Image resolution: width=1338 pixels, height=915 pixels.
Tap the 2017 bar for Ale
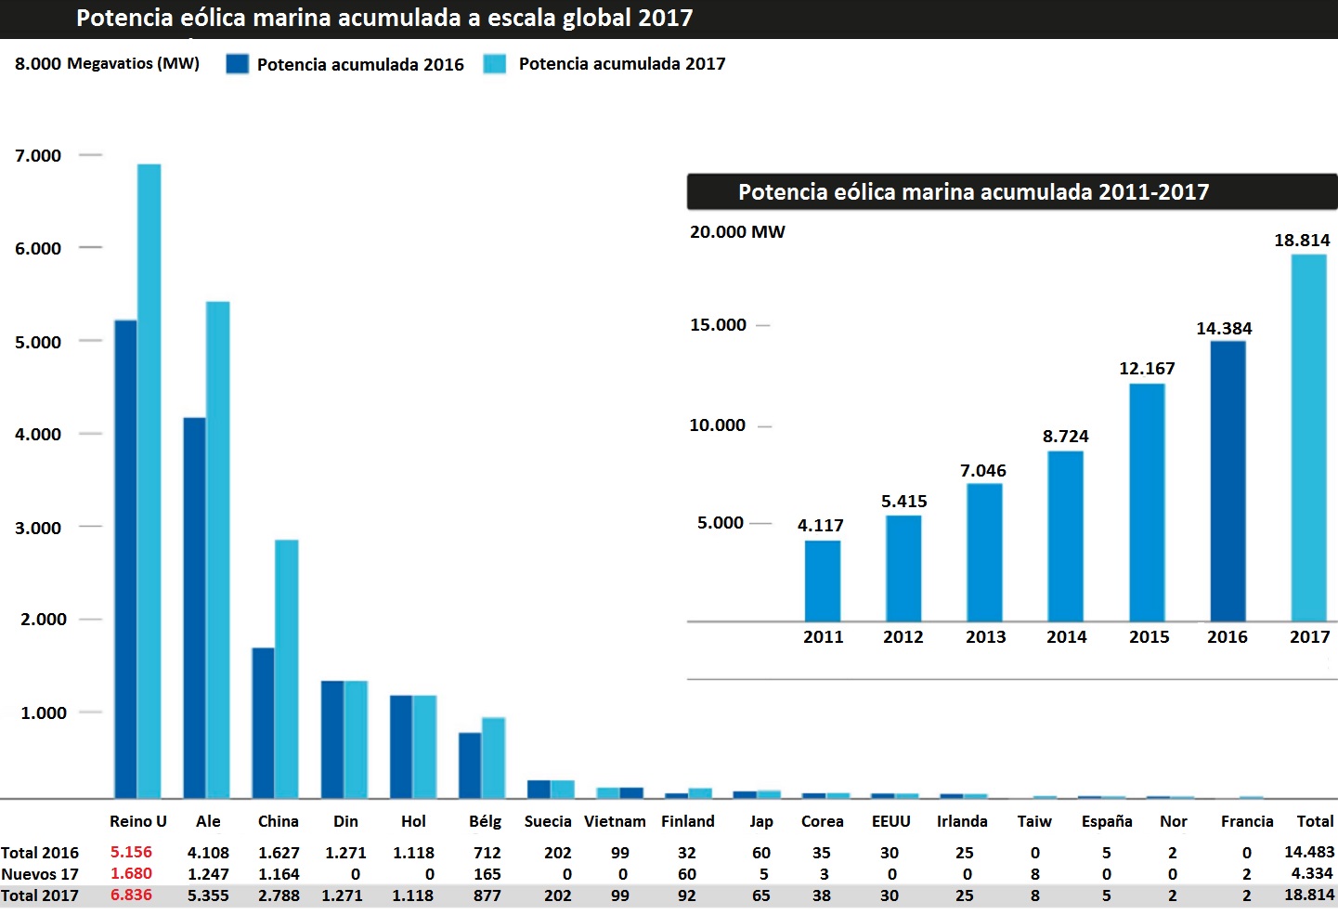tap(217, 549)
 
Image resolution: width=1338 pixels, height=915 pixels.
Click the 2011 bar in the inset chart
tap(823, 581)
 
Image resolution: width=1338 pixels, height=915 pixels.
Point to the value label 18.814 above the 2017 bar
tap(1301, 241)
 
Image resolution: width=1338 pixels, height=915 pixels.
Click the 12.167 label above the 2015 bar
tap(1147, 369)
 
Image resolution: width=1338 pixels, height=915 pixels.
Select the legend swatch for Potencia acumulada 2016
tap(238, 64)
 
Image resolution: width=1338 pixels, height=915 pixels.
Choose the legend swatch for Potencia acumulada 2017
tap(495, 64)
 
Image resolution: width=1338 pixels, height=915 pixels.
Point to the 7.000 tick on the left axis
tap(38, 156)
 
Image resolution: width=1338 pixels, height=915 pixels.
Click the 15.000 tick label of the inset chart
tap(718, 325)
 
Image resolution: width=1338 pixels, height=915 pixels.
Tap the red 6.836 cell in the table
tap(131, 895)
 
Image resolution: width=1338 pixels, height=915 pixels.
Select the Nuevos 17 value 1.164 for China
tap(279, 874)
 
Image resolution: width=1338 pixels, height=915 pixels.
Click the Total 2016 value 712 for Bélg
tap(487, 853)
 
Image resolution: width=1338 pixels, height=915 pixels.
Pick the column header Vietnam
tap(615, 821)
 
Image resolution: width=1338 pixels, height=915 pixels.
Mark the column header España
tap(1107, 821)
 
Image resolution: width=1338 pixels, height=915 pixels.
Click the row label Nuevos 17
tap(40, 874)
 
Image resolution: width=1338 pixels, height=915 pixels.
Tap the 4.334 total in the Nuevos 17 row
tap(1311, 873)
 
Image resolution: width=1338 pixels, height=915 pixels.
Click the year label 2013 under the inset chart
tap(985, 637)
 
